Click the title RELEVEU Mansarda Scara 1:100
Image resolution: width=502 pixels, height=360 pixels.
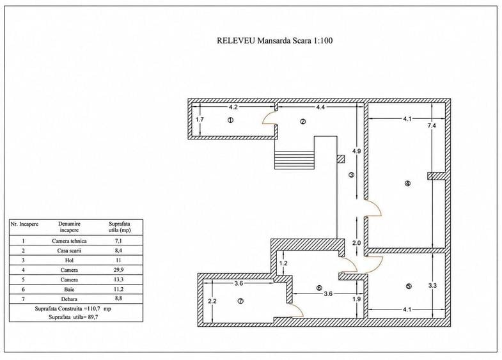tap(275, 41)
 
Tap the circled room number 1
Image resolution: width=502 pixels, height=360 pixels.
tap(230, 120)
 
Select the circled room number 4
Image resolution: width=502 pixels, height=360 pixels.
tap(407, 184)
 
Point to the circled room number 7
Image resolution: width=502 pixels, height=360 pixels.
tap(240, 301)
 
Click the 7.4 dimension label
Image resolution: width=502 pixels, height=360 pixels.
tap(432, 126)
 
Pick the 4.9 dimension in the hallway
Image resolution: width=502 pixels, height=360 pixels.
tap(356, 151)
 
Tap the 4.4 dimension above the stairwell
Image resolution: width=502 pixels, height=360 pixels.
tap(320, 107)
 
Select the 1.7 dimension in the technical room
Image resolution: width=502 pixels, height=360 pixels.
tap(200, 120)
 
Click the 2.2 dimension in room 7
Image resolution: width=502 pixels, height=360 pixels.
tap(212, 301)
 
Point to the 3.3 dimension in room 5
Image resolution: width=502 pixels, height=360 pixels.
tap(432, 286)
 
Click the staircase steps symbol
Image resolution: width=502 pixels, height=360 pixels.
tap(294, 160)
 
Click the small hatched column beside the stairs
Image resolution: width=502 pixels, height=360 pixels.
tap(341, 159)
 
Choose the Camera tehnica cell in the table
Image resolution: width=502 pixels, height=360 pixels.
tap(69, 241)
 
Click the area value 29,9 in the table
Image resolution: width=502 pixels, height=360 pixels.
tap(118, 270)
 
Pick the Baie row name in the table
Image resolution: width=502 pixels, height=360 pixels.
tap(69, 289)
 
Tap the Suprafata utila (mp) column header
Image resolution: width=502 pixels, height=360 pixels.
tap(120, 227)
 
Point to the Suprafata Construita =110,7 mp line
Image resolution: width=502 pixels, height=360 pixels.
tap(73, 309)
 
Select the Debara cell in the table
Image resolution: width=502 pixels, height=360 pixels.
tap(69, 299)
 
